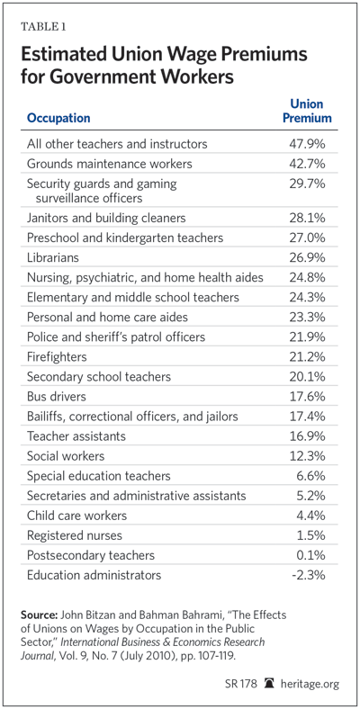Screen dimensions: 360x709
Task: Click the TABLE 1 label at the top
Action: point(43,26)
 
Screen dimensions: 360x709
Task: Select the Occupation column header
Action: point(58,119)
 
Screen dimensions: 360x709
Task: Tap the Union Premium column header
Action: point(307,112)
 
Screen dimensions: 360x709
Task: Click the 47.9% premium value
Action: point(307,144)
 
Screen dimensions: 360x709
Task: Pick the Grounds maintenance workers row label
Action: point(110,163)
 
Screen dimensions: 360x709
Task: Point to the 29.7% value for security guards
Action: point(307,184)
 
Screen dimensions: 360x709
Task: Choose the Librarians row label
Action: point(53,257)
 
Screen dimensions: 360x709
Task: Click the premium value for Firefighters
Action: point(307,357)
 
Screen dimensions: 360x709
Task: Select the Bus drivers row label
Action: point(57,397)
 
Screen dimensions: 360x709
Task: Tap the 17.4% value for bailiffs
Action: point(308,417)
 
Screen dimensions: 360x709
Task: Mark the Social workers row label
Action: point(66,456)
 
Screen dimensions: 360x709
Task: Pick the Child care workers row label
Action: point(76,516)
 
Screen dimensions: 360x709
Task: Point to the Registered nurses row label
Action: point(74,536)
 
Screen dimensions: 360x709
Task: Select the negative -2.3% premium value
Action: point(310,575)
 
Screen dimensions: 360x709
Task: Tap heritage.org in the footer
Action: point(312,684)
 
